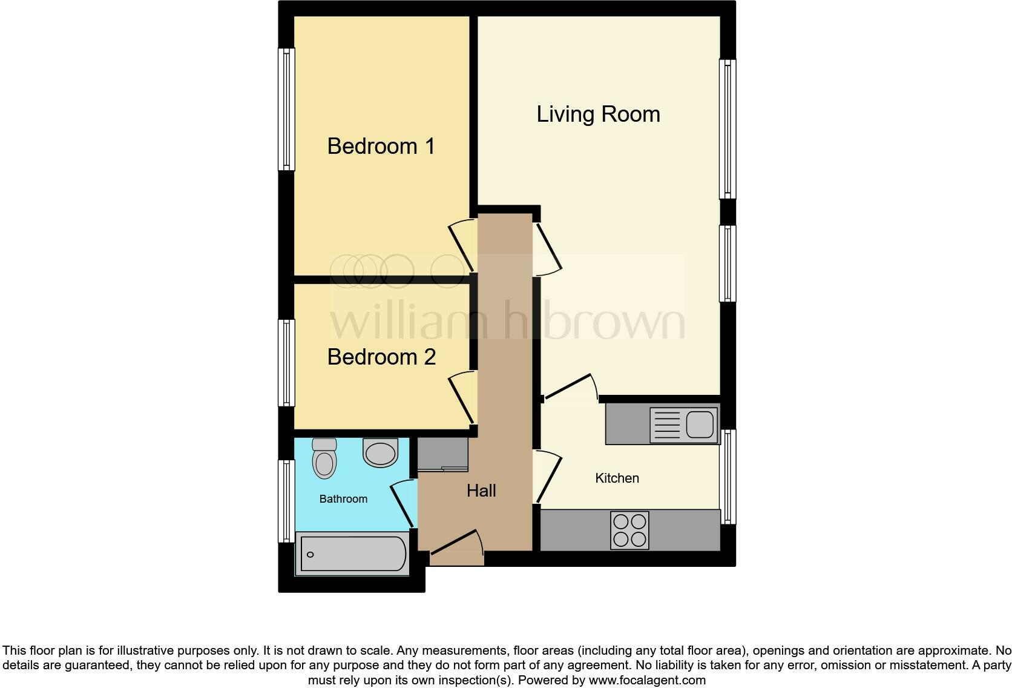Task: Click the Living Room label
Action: coord(598,114)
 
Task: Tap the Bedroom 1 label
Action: coord(381,147)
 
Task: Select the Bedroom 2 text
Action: coord(381,357)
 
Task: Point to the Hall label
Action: coord(481,491)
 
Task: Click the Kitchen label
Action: coord(617,478)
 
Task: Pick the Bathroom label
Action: coord(343,499)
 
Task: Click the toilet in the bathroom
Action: coord(324,458)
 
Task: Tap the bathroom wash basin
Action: coord(381,453)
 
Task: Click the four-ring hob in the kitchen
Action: coord(629,531)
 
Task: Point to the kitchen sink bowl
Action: coord(699,424)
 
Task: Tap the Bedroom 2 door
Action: coord(462,397)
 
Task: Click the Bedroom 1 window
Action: coord(286,109)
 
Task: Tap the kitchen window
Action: coord(728,477)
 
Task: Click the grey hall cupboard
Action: coord(443,454)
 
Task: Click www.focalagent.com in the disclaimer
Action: coord(647,680)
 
